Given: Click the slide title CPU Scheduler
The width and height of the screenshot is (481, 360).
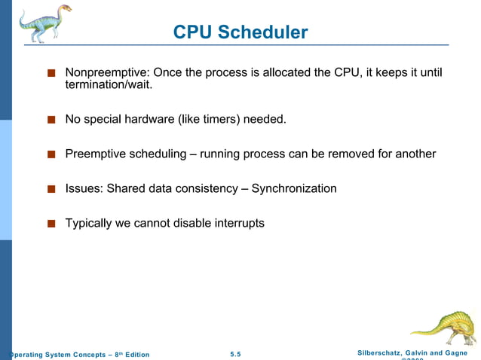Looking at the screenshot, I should tap(240, 32).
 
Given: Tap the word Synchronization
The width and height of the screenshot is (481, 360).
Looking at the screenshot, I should tap(293, 188).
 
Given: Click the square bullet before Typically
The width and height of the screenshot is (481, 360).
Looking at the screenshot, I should tap(51, 224).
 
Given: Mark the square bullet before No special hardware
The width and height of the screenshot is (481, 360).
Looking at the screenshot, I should tap(51, 120).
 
